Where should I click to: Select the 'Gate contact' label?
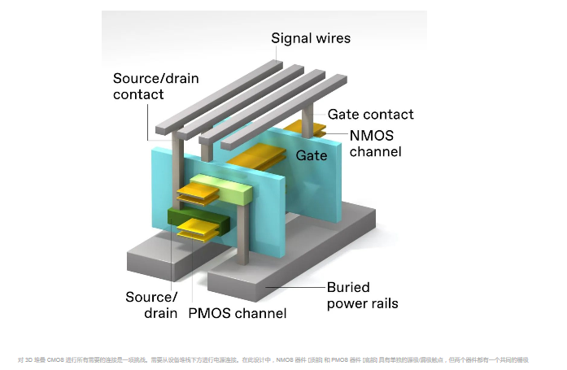(370, 115)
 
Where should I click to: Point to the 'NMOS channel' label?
(375, 142)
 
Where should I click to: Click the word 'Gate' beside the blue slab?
(312, 155)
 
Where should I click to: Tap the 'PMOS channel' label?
(237, 313)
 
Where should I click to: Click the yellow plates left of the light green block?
(195, 194)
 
